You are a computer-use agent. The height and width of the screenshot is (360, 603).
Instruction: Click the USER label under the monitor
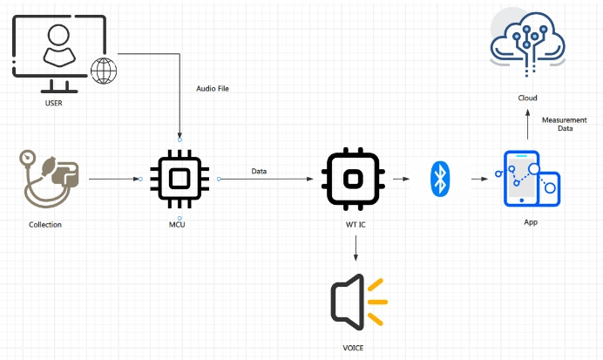54,104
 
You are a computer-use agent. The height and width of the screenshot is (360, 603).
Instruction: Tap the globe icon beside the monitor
104,71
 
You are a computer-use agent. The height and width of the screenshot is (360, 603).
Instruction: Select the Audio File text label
213,88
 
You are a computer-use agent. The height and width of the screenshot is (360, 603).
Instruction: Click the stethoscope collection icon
49,180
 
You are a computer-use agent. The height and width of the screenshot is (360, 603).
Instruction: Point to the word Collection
45,225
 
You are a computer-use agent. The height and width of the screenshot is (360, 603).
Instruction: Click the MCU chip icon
179,179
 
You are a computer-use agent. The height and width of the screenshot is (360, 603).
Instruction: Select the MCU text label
177,226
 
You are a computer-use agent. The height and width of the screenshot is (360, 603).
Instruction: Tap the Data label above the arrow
259,171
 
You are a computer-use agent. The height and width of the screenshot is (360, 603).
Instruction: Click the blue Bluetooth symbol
440,180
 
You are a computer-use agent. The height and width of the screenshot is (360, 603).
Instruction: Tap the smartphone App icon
530,180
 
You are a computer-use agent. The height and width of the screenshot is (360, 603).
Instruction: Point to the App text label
530,222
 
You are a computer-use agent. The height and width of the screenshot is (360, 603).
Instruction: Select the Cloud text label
526,98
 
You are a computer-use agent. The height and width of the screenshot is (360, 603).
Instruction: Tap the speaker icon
357,302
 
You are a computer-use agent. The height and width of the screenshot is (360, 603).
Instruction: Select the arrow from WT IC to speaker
356,249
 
